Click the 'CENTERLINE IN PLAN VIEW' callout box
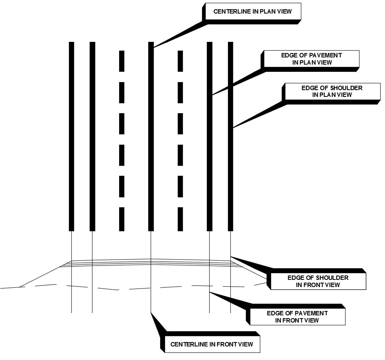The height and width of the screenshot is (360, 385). (252, 11)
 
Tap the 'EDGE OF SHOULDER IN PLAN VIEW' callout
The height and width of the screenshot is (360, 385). (332, 91)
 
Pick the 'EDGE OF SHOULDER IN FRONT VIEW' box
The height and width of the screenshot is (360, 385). (318, 281)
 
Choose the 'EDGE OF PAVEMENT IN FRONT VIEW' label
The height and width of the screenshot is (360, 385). (297, 317)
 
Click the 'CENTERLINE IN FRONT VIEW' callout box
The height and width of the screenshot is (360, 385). (212, 344)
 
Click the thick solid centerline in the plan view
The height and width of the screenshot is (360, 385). (151, 136)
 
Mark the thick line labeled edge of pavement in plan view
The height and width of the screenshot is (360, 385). (210, 159)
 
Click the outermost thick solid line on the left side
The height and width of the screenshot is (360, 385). (72, 136)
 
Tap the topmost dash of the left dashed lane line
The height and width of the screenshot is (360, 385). (122, 61)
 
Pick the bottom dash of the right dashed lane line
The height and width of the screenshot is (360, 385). (180, 219)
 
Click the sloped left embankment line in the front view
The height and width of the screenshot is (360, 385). (40, 276)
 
